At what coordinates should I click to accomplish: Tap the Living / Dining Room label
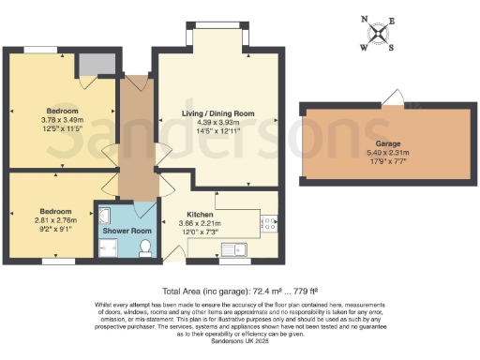pos(217,113)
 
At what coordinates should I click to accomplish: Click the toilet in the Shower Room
pos(145,247)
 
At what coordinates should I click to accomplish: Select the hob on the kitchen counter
pos(268,224)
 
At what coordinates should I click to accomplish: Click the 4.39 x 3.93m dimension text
pos(217,123)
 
